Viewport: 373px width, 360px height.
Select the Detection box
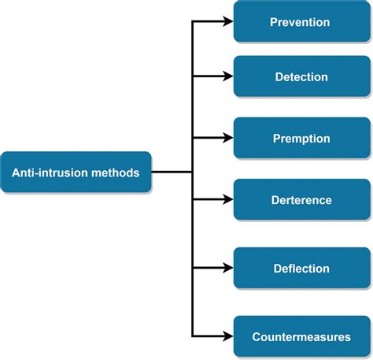[301, 77]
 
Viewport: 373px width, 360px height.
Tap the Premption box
[301, 139]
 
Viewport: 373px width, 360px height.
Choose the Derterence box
[301, 200]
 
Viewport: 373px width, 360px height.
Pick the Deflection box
[301, 269]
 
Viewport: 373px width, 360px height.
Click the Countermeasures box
[301, 337]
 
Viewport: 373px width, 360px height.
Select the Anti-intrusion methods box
[76, 172]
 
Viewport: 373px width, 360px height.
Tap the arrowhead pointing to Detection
[228, 77]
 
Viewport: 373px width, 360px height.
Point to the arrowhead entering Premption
[228, 139]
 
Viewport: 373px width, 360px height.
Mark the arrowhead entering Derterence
[228, 200]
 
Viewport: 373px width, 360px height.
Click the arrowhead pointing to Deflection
[228, 269]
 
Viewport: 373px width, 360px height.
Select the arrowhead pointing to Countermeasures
[228, 337]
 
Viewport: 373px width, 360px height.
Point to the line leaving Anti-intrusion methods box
[172, 172]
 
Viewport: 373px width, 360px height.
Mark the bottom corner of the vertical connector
[193, 337]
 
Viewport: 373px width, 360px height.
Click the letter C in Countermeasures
[257, 337]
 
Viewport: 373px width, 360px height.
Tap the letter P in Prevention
[273, 23]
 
